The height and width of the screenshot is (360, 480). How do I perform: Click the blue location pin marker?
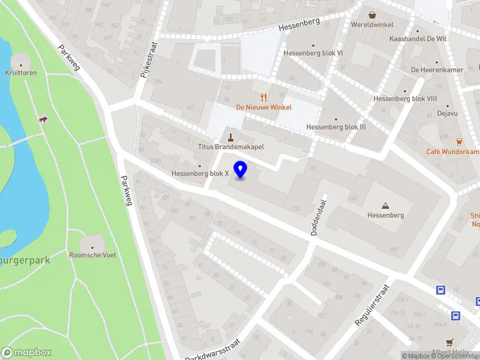point(241,170)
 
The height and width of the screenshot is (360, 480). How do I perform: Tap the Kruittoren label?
point(21,73)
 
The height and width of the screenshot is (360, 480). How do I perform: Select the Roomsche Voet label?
point(93,255)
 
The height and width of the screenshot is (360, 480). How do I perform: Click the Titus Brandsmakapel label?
point(231,146)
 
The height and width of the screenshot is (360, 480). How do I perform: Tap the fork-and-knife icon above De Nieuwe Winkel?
point(263,97)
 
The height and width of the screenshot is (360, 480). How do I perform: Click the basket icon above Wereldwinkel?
point(372,15)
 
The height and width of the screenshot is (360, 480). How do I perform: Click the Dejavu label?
point(430,113)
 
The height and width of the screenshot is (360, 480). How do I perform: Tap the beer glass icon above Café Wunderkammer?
point(460,142)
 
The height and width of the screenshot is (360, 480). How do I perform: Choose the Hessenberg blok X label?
point(200,173)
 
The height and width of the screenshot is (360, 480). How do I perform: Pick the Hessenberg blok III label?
point(335,127)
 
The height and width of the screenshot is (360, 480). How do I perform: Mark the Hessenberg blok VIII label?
point(405,99)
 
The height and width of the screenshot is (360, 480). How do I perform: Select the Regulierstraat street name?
point(373,305)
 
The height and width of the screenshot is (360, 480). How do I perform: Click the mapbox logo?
point(26,353)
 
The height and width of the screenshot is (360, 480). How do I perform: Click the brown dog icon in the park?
point(43,120)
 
